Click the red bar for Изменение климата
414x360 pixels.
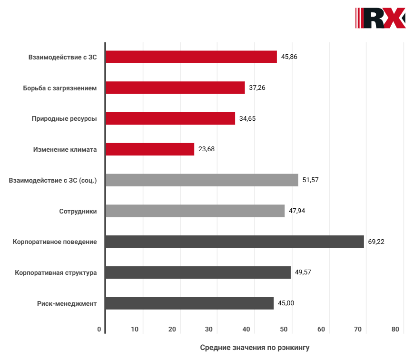150,149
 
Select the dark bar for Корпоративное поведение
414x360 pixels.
235,242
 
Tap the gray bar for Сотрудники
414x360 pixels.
195,211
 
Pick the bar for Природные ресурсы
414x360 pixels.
170,118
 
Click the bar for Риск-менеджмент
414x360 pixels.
189,303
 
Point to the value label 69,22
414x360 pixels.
376,242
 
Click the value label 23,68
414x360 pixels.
207,149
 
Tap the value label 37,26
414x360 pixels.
257,88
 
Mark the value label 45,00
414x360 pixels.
286,303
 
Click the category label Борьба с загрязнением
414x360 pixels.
60,88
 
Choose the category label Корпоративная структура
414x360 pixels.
56,272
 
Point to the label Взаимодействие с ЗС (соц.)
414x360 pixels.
53,180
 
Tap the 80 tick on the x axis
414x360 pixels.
395,330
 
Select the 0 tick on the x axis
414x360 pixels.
99,330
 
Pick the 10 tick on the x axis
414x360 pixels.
135,330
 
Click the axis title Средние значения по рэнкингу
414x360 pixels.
255,348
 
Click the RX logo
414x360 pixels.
380,18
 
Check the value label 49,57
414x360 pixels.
303,272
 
